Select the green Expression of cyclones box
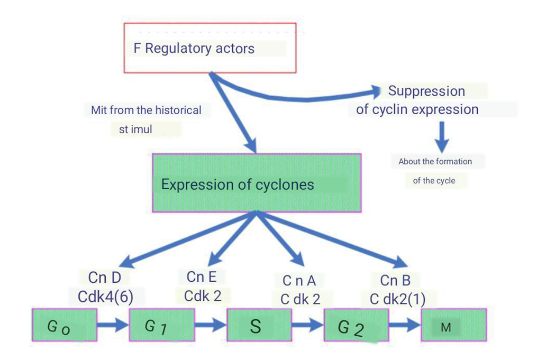[x=257, y=183]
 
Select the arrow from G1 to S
[x=211, y=325]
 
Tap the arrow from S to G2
[x=307, y=325]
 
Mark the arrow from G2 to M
[x=405, y=325]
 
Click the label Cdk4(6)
[x=105, y=297]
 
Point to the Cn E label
[x=202, y=276]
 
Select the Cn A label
[x=299, y=280]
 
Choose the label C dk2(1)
[x=397, y=299]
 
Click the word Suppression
[x=426, y=91]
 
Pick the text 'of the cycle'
[x=433, y=181]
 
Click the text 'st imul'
[x=135, y=130]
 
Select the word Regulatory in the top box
[x=178, y=49]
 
